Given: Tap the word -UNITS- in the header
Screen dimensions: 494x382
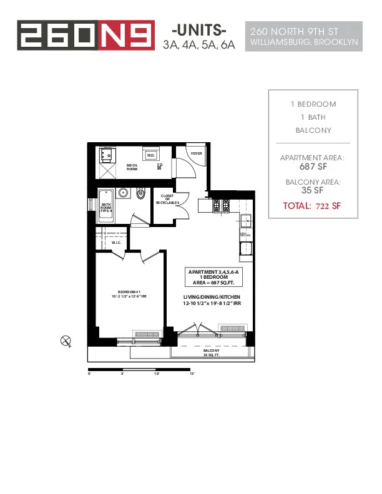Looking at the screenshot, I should [198, 31].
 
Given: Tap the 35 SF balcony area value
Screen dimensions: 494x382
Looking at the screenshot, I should [312, 190].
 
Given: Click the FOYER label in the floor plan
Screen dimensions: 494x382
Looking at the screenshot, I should [196, 153].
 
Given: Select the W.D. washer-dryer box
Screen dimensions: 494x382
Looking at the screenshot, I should [150, 155].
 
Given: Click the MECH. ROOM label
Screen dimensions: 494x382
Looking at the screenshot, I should [132, 167].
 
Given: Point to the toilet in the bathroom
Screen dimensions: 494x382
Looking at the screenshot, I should [142, 195].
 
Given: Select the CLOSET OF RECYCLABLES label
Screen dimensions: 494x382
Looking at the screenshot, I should [167, 199].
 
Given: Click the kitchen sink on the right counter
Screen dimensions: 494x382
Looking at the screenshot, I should [246, 220].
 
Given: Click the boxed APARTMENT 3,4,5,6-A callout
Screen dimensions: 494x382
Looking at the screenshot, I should [212, 276].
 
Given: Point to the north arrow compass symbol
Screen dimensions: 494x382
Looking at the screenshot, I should [65, 340].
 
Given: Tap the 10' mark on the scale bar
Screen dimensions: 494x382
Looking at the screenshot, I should [157, 374].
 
